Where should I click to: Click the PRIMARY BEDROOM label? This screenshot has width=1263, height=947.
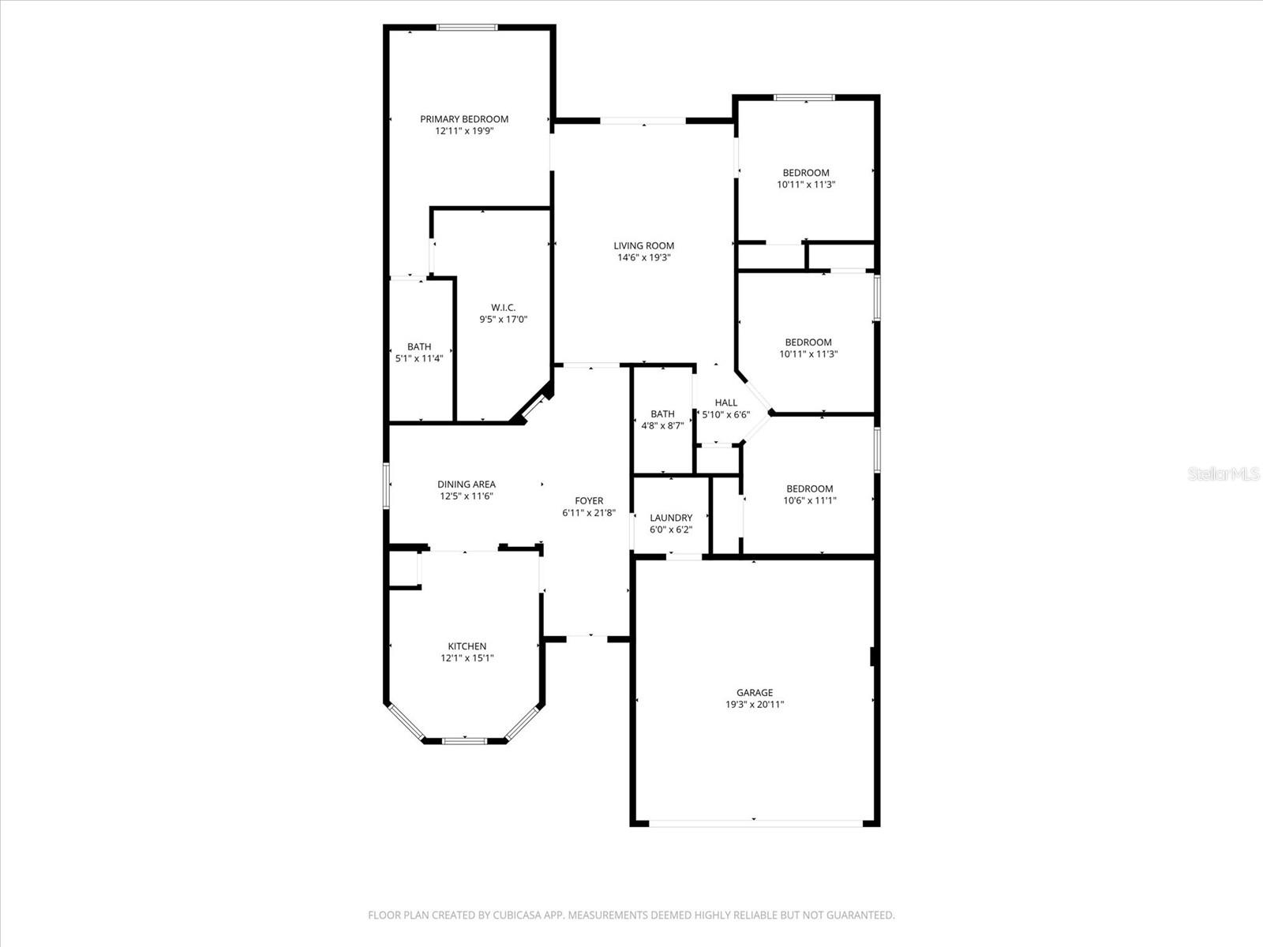pos(464,119)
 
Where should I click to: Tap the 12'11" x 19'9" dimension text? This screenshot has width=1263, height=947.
pos(464,132)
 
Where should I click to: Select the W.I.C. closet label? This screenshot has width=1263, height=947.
pos(503,307)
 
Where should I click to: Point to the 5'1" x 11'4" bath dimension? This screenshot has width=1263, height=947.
pos(419,358)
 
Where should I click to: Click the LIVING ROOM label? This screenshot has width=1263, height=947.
pos(644,245)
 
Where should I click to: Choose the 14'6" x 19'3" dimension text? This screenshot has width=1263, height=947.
pos(644,258)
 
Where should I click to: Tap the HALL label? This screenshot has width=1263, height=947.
pos(726,402)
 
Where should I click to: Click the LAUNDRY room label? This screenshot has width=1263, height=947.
pos(671,518)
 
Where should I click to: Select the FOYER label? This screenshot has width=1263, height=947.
pos(589,500)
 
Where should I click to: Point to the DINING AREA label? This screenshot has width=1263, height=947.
pos(467,485)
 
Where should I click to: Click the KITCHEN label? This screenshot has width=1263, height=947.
pos(467,646)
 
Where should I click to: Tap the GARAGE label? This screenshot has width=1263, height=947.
pos(755,693)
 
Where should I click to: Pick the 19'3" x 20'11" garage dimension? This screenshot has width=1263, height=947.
pos(755,706)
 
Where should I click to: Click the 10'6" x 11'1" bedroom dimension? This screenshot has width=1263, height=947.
pos(810,500)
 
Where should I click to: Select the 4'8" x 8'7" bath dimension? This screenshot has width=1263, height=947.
pos(662,426)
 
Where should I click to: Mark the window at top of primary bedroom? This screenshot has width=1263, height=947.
pos(467,28)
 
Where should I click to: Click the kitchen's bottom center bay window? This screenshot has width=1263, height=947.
pos(465,740)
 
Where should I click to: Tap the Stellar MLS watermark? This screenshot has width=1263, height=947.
pos(1224,473)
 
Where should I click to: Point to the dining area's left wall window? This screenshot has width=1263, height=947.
pos(386,485)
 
